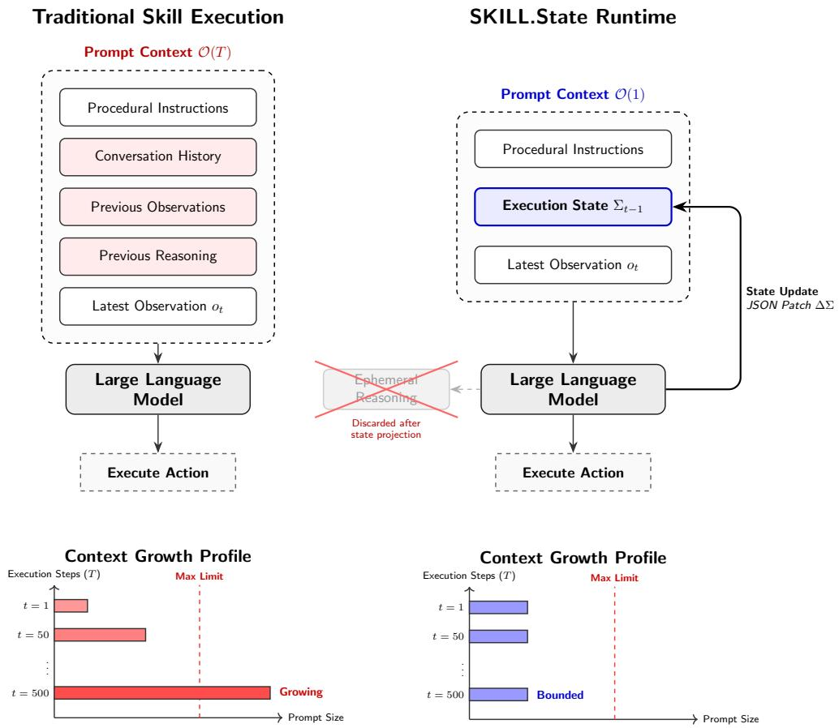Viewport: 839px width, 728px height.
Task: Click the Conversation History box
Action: (158, 156)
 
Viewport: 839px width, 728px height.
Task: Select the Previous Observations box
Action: (158, 207)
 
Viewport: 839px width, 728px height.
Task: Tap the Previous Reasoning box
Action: (158, 256)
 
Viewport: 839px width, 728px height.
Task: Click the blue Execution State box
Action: (573, 206)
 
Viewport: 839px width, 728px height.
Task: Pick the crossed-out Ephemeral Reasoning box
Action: (386, 389)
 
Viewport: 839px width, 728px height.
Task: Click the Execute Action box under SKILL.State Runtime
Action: (573, 473)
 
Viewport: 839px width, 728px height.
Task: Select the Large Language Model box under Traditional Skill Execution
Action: (158, 389)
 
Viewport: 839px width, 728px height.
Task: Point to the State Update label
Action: (782, 291)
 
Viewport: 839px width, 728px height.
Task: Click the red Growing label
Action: (301, 692)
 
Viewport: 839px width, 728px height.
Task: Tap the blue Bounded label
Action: (560, 695)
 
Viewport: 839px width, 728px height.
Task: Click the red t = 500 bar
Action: (162, 692)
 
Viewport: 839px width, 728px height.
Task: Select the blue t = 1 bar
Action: (499, 607)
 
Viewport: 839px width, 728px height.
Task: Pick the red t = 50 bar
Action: (100, 635)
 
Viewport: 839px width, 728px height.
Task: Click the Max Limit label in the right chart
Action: (614, 578)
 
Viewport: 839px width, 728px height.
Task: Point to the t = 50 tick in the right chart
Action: (448, 636)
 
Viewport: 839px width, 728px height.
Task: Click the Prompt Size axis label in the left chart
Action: (316, 717)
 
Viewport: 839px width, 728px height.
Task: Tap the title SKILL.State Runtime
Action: (573, 16)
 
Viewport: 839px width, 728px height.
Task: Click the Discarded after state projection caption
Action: (385, 429)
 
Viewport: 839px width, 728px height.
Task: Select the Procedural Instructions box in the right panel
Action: (573, 149)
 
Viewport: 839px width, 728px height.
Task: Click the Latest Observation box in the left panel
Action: (158, 306)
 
